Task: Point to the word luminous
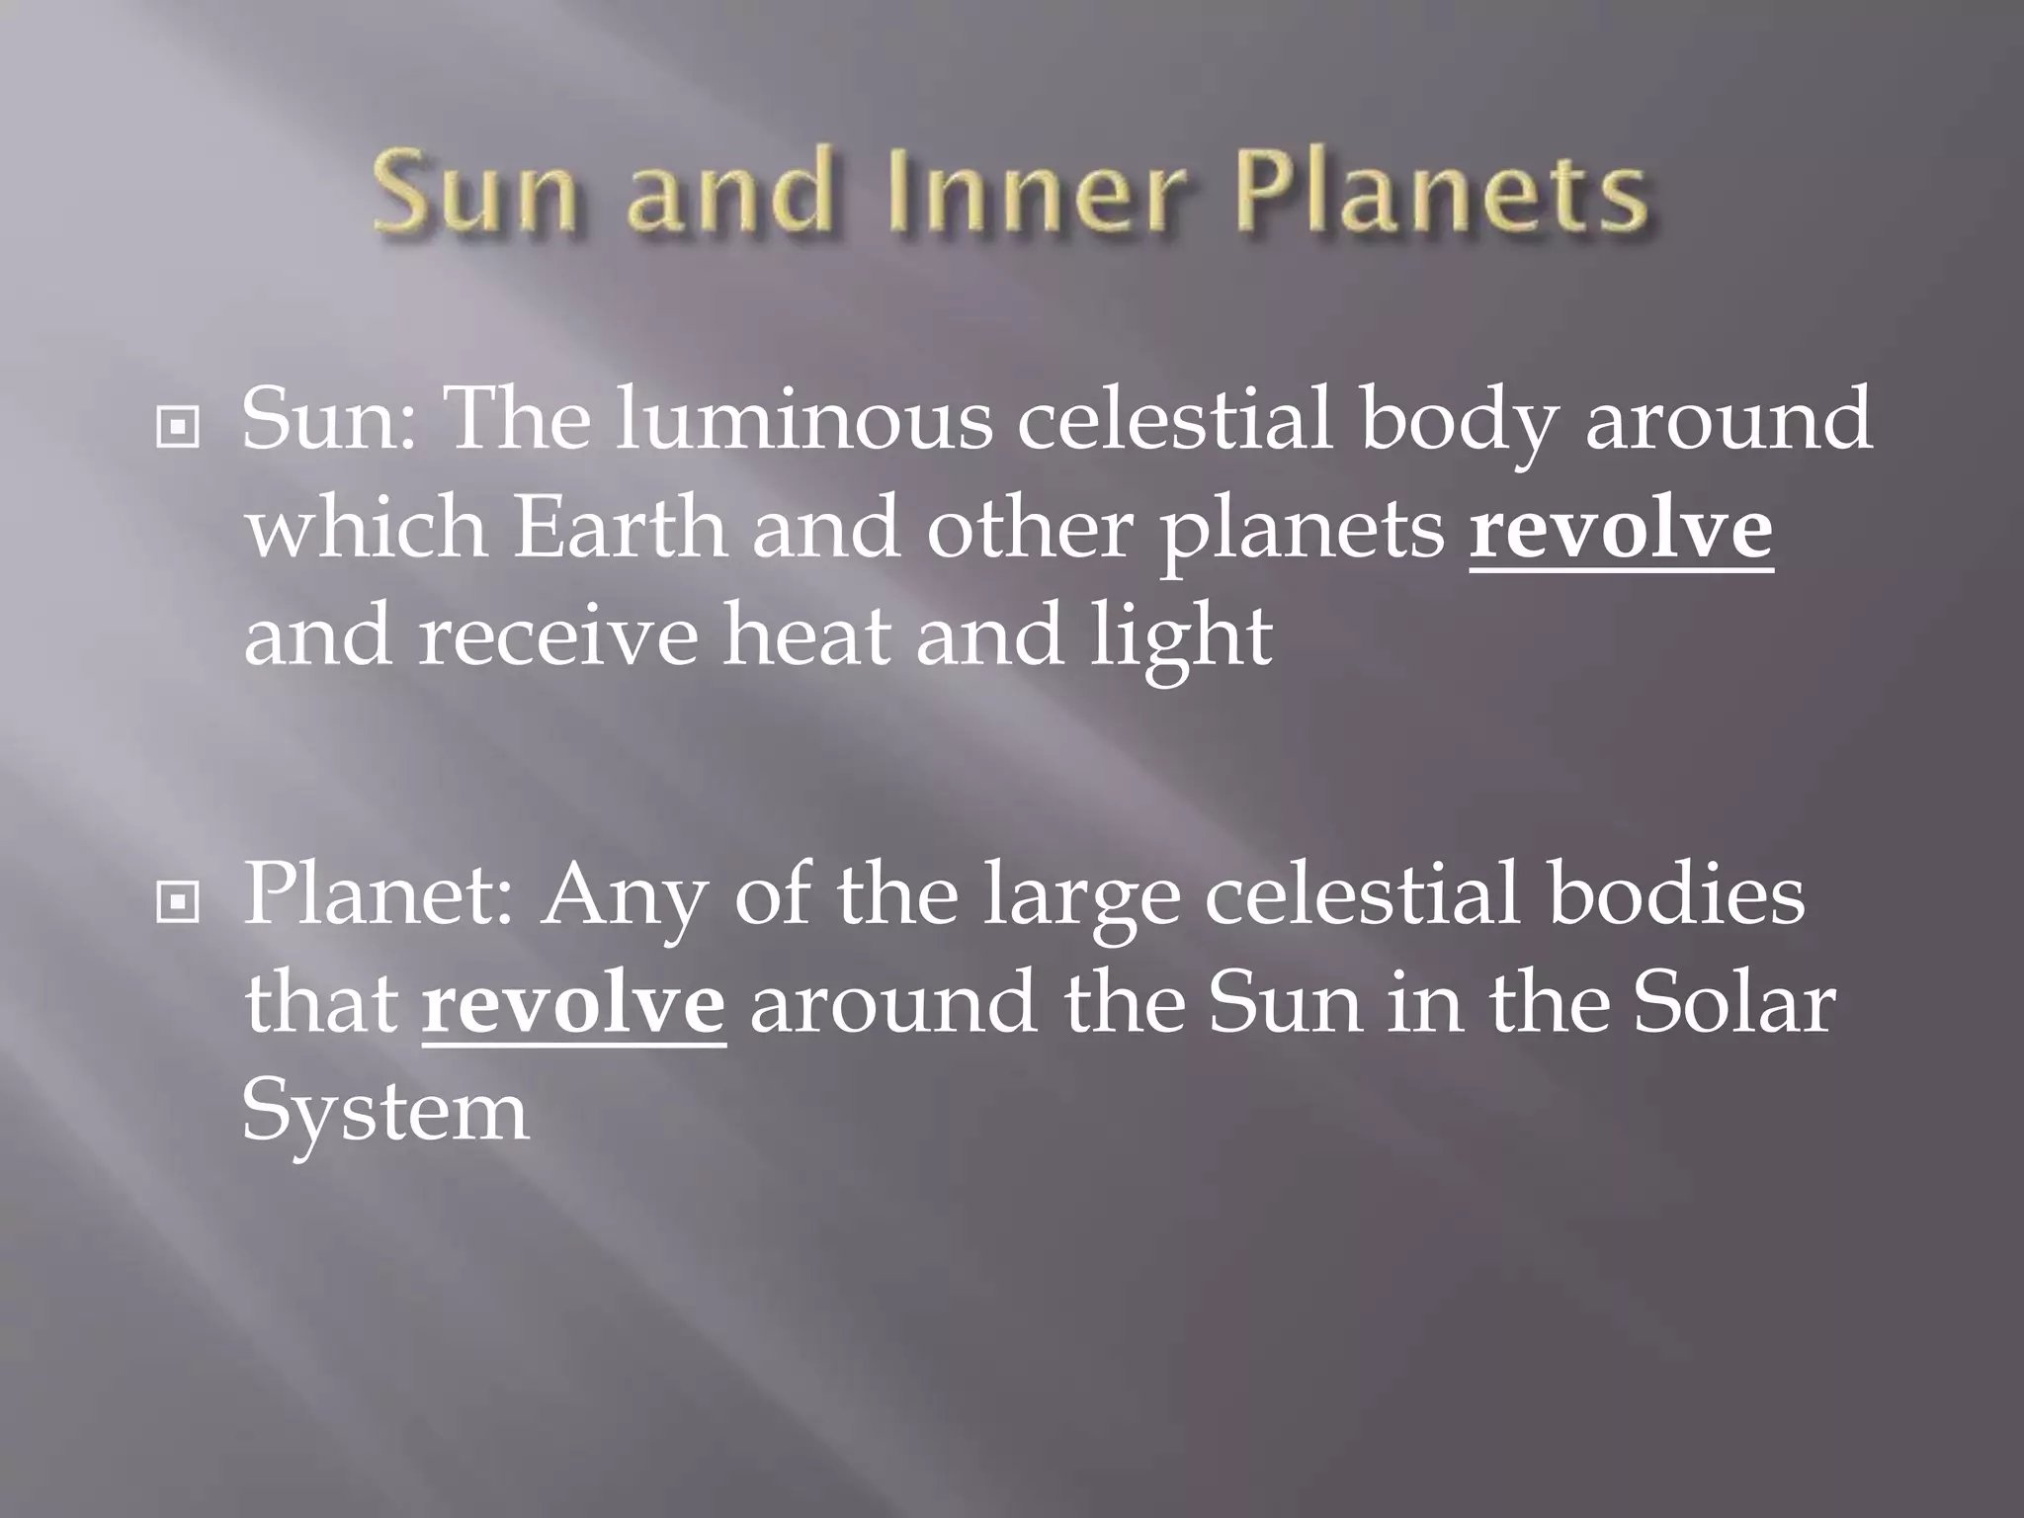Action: tap(804, 419)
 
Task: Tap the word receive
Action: tap(558, 637)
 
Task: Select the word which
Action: tap(366, 529)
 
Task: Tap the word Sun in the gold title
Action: tap(474, 192)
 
